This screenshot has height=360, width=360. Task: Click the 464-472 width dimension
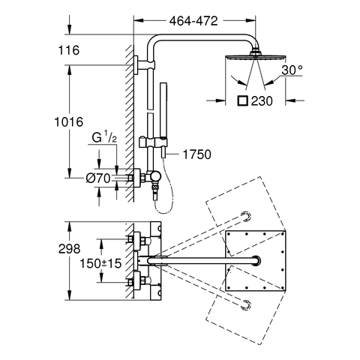pyautogui.click(x=193, y=21)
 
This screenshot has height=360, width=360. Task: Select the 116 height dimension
pyautogui.click(x=69, y=50)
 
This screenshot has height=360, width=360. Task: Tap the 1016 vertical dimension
pyautogui.click(x=69, y=122)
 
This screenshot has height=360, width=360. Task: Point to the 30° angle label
pyautogui.click(x=292, y=70)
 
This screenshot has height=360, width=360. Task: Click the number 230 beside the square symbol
pyautogui.click(x=262, y=101)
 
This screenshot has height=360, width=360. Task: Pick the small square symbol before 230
pyautogui.click(x=242, y=101)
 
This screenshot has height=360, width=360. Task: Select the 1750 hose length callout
pyautogui.click(x=197, y=154)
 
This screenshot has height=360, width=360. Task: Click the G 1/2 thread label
pyautogui.click(x=104, y=138)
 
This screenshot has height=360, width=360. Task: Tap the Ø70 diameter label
pyautogui.click(x=98, y=178)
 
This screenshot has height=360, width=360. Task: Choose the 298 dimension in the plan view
pyautogui.click(x=69, y=249)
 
